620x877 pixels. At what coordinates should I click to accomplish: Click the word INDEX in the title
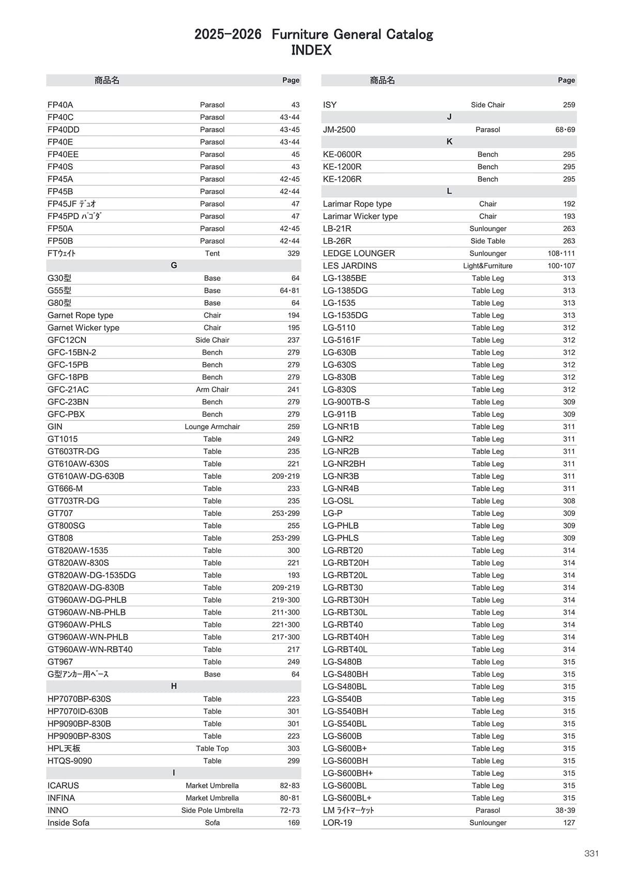tap(311, 51)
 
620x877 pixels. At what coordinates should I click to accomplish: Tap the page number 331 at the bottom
tap(592, 853)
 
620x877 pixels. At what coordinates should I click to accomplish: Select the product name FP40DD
tap(64, 130)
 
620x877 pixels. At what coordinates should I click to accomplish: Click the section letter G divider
tap(174, 265)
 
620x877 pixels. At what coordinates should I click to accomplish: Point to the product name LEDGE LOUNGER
tap(359, 254)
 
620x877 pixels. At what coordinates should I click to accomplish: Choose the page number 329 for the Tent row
tap(293, 254)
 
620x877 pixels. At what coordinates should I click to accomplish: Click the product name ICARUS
tap(63, 786)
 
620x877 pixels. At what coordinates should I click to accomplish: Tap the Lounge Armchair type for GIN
tap(212, 427)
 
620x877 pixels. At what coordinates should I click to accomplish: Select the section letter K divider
tap(449, 142)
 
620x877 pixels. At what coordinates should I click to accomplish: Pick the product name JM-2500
tap(339, 130)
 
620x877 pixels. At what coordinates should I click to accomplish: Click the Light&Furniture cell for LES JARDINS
tap(488, 266)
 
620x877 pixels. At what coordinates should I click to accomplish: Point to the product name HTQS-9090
tap(70, 761)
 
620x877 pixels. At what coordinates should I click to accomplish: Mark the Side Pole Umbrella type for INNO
tap(212, 810)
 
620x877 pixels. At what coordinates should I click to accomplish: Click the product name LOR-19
tap(337, 823)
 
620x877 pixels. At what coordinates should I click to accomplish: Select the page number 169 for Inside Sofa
tap(293, 823)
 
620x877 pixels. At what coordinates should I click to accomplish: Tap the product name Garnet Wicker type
tap(83, 327)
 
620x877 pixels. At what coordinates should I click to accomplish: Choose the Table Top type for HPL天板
tap(212, 748)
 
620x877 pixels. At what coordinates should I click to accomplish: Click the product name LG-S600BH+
tap(348, 773)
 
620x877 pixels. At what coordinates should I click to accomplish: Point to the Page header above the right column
tap(566, 80)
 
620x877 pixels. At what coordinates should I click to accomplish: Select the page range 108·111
tap(561, 254)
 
